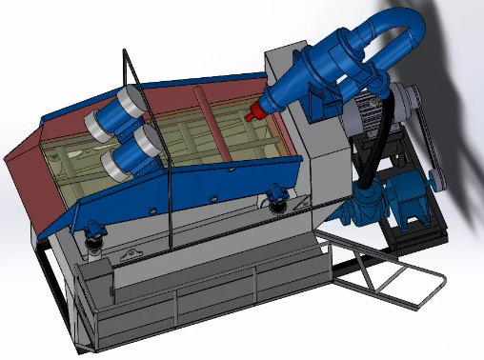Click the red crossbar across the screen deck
pos(209,124)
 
